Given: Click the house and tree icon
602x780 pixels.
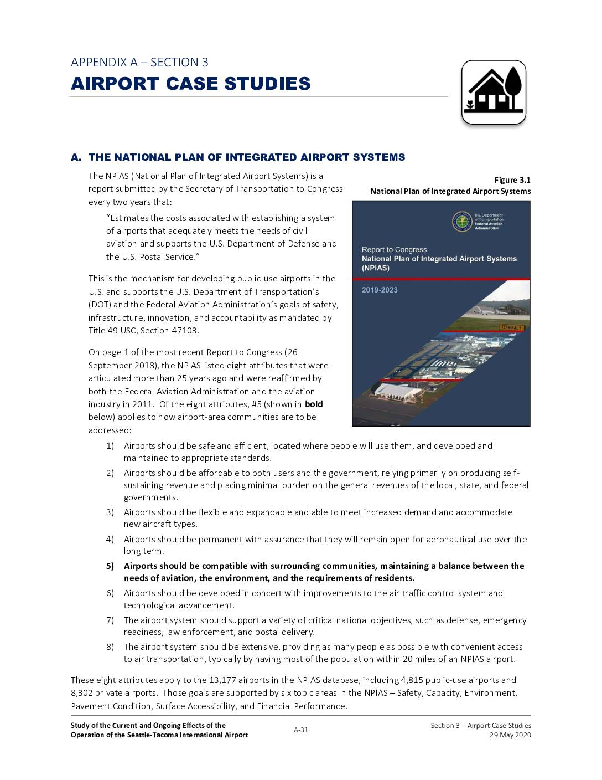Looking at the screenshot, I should (494, 92).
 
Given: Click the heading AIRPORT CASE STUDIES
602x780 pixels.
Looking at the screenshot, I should (191, 84).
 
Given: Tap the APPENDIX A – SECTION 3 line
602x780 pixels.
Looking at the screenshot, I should (139, 62).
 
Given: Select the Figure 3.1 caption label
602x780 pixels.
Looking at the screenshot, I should (512, 180).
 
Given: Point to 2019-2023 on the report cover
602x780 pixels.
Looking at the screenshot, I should (380, 290).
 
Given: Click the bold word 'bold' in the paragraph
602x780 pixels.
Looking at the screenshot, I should (314, 404).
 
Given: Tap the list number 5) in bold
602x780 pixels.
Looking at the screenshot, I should (110, 566).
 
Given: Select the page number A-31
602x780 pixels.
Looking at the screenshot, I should (301, 730).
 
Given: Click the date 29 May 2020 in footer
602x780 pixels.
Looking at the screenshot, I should (510, 735).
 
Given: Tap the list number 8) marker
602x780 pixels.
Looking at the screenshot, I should (110, 647).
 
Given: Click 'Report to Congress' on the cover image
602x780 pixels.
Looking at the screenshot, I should (394, 250).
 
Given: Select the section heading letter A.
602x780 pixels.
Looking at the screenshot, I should (75, 157).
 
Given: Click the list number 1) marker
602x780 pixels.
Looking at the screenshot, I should (110, 446).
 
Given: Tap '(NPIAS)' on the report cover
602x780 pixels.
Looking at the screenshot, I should (376, 268).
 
